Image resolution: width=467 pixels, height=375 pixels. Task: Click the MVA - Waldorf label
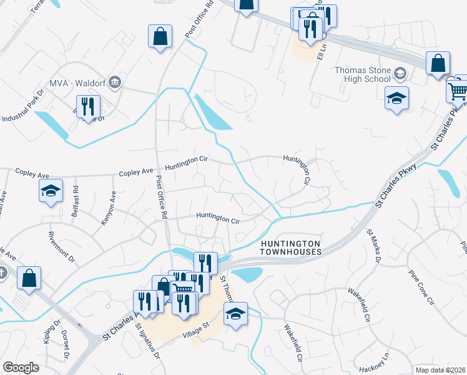78,82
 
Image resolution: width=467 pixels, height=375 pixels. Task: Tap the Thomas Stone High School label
363,74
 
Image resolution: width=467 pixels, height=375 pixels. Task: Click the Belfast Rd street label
76,197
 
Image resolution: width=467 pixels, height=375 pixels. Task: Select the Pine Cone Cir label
420,287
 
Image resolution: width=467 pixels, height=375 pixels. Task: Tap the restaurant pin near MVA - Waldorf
87,107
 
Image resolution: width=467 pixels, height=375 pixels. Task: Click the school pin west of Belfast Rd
51,191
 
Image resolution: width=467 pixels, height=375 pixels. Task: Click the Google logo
21,367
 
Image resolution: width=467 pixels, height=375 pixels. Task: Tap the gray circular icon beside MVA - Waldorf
114,82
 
